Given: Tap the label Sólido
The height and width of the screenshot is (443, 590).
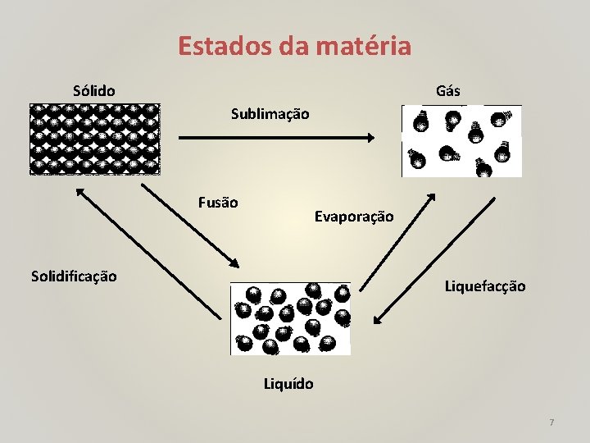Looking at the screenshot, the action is [93, 89].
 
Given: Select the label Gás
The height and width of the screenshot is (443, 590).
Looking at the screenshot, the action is [448, 90].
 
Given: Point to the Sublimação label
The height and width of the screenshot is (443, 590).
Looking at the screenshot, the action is [270, 114].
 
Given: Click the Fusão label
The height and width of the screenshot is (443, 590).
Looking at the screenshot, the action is [218, 202].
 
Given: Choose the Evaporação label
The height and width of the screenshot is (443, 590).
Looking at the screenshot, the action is [354, 217].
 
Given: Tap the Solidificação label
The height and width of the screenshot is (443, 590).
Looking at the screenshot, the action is [74, 276].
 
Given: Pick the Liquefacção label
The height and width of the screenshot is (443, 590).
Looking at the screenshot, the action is [485, 286].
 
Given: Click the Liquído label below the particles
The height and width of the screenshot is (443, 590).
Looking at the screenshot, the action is [288, 383].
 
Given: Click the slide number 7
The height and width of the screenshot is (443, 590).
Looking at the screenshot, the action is [551, 422].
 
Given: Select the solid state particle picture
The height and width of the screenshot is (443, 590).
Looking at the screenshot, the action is [94, 139].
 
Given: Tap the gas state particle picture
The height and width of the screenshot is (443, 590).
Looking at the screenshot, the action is [461, 141].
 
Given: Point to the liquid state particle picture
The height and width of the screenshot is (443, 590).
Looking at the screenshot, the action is [290, 318].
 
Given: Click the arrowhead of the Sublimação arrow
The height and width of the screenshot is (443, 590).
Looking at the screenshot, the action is [372, 138].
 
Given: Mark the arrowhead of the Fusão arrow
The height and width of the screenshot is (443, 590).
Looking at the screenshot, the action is [234, 263].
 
